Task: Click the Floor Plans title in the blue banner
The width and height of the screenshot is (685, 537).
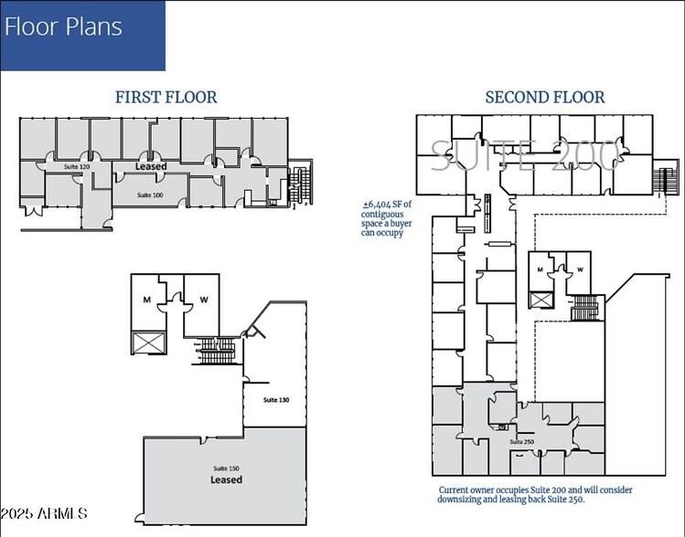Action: pyautogui.click(x=63, y=26)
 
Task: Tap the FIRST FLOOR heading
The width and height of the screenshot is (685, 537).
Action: pyautogui.click(x=166, y=97)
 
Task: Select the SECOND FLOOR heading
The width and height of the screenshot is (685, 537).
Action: pyautogui.click(x=544, y=97)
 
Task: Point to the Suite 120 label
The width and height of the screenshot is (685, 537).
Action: pyautogui.click(x=77, y=167)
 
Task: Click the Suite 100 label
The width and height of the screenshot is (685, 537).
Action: pyautogui.click(x=150, y=195)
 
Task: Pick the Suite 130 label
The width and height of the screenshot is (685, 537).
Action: pyautogui.click(x=276, y=400)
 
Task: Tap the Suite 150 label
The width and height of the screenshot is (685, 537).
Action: pyautogui.click(x=226, y=468)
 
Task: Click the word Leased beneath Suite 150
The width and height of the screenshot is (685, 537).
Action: pyautogui.click(x=226, y=479)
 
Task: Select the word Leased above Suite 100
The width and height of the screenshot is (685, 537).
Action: pyautogui.click(x=151, y=167)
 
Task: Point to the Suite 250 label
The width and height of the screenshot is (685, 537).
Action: pyautogui.click(x=522, y=442)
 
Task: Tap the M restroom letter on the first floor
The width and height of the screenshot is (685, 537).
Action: pyautogui.click(x=144, y=300)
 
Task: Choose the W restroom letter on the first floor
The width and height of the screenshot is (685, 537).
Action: pyautogui.click(x=201, y=300)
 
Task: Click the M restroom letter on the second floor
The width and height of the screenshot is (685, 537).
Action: pyautogui.click(x=541, y=269)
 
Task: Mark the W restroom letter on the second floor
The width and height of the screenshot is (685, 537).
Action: pyautogui.click(x=579, y=269)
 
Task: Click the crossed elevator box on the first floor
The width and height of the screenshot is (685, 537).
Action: pyautogui.click(x=145, y=343)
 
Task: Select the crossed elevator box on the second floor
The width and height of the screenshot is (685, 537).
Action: pyautogui.click(x=541, y=300)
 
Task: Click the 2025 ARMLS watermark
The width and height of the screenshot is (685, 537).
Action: pyautogui.click(x=44, y=515)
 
